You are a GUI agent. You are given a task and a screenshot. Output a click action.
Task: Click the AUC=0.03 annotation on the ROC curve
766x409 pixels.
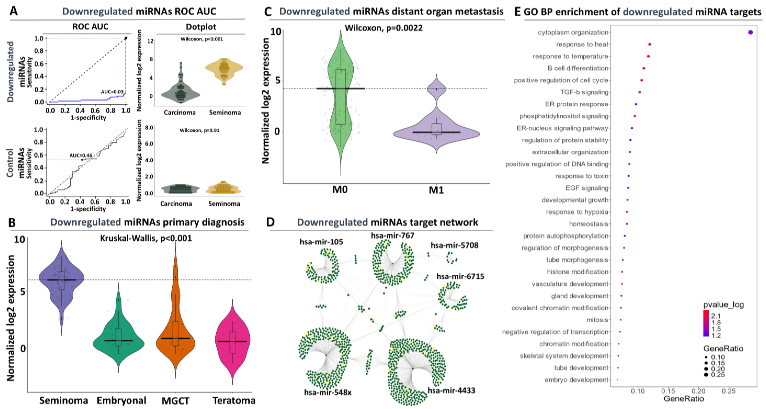click(112, 91)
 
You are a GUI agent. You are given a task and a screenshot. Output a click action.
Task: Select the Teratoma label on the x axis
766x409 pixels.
click(234, 401)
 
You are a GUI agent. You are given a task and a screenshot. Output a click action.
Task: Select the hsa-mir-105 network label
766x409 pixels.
click(321, 242)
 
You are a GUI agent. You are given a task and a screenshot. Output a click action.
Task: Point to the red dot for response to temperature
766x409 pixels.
click(648, 56)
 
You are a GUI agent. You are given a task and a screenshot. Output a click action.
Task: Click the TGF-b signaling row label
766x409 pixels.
click(584, 92)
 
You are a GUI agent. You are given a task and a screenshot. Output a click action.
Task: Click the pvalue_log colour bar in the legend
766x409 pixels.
click(706, 323)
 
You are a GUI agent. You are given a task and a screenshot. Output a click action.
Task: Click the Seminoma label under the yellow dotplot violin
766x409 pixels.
click(225, 112)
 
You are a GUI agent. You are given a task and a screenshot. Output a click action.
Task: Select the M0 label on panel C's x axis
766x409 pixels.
click(340, 189)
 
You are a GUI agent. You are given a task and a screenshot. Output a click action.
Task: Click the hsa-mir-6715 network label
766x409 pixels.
click(460, 276)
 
